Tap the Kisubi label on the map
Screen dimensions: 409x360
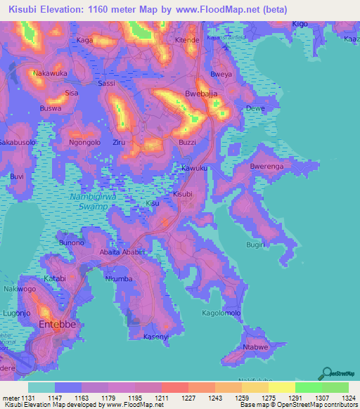click(x=182, y=193)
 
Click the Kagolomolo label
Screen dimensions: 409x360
click(x=221, y=313)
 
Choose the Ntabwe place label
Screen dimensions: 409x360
click(x=255, y=348)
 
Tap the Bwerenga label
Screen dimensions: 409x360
click(x=266, y=167)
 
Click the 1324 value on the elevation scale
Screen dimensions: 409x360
click(x=349, y=397)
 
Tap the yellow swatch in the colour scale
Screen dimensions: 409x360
click(x=281, y=387)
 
